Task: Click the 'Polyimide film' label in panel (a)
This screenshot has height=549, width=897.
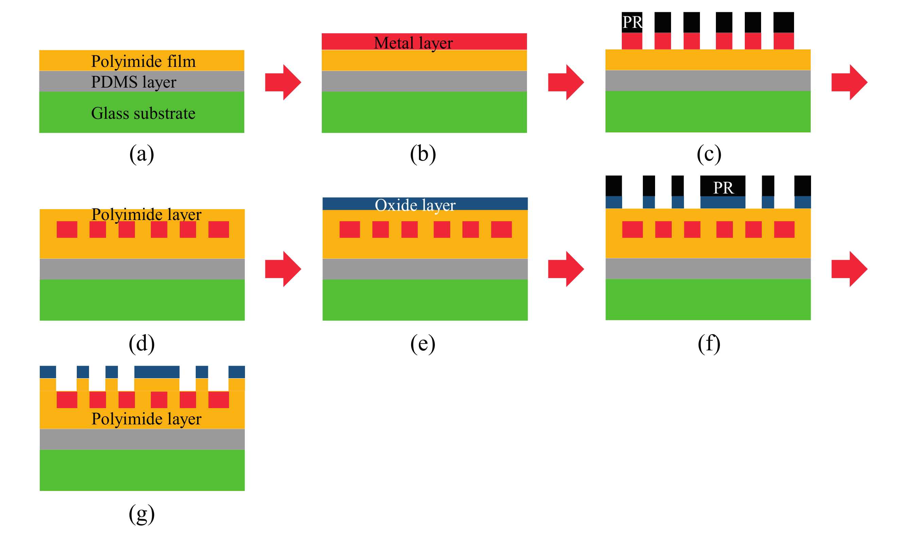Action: point(143,61)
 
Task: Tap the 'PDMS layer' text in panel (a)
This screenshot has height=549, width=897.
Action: point(134,82)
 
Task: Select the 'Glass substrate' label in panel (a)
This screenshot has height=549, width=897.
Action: point(143,113)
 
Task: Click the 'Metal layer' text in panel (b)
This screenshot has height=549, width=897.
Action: point(413,43)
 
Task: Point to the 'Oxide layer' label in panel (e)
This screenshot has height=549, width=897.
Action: point(415,205)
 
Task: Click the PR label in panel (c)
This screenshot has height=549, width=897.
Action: point(632,22)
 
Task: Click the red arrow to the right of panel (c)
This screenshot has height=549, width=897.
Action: point(849,82)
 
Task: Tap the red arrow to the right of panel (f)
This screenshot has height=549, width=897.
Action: point(849,269)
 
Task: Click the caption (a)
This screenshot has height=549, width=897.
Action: point(142,153)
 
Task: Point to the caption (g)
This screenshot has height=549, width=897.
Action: point(142,514)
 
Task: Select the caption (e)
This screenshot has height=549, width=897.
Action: point(423,344)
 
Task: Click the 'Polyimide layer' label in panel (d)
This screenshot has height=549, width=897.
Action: point(146,215)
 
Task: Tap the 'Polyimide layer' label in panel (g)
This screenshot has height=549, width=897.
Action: point(146,419)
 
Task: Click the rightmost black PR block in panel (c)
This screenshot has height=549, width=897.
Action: point(784,22)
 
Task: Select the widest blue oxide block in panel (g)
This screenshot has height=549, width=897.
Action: point(157,372)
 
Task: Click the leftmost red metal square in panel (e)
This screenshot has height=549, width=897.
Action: point(350,230)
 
